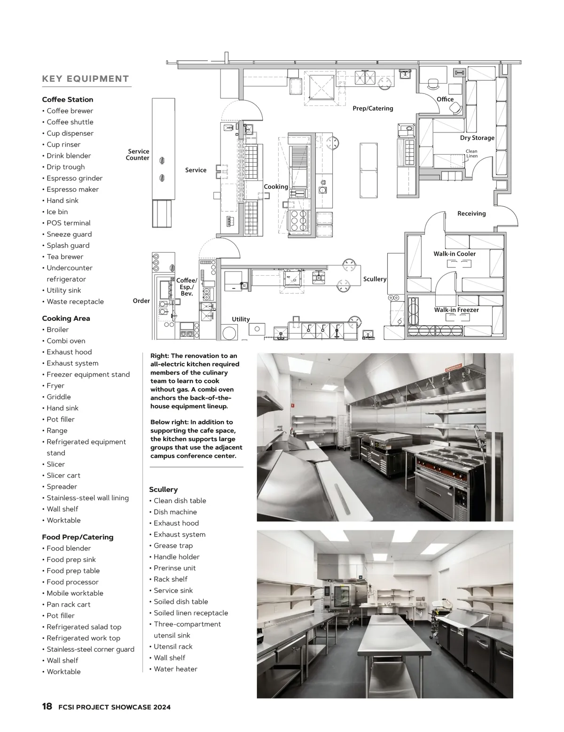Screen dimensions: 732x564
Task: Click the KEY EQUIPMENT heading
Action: click(85, 79)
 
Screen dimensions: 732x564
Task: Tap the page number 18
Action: click(47, 706)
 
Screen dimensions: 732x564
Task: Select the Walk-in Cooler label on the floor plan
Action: click(454, 254)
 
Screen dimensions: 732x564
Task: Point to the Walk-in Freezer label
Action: click(456, 310)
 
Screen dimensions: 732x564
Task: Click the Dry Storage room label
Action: click(477, 138)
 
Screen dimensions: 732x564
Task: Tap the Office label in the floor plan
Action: click(445, 99)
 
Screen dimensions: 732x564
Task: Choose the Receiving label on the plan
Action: click(471, 213)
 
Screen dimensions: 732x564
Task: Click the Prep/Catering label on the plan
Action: click(373, 109)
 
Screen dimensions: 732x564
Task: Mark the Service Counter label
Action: click(138, 155)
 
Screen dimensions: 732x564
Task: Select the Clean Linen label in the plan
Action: click(471, 154)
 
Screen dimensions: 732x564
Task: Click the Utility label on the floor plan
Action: click(241, 319)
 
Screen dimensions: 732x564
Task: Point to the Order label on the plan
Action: click(141, 301)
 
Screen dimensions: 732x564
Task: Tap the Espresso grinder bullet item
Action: click(74, 178)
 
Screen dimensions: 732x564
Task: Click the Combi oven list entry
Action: click(66, 341)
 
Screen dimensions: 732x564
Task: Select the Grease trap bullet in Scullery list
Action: click(173, 545)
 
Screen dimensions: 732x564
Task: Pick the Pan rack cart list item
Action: click(68, 604)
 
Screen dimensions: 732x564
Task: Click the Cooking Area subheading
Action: click(66, 318)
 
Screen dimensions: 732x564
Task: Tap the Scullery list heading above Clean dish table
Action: click(163, 489)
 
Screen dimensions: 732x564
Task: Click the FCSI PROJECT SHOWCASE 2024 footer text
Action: click(114, 707)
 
